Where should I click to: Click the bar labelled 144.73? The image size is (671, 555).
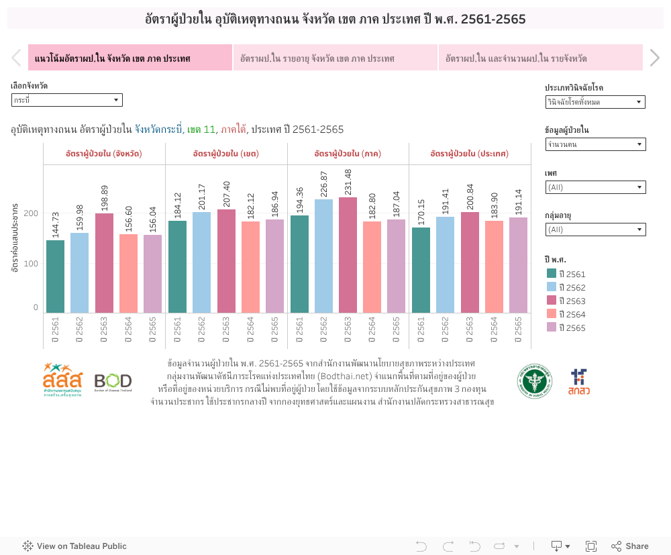coord(55,276)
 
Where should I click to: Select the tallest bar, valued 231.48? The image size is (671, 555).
coord(348,255)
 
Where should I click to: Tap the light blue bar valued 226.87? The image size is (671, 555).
coord(323,256)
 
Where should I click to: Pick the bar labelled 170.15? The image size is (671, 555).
coord(421,270)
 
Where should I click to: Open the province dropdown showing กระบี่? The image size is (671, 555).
coord(66,100)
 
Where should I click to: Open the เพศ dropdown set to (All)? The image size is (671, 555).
coord(595,187)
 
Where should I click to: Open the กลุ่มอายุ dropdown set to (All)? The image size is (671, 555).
coord(595,230)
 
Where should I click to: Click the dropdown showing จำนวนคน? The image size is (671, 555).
coord(595,144)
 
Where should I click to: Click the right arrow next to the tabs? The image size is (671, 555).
coord(655,58)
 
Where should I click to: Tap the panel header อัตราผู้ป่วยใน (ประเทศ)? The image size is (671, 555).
coord(469,154)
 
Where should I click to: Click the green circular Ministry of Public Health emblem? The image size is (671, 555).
coord(534,381)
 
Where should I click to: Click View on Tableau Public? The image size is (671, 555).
coord(74,546)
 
